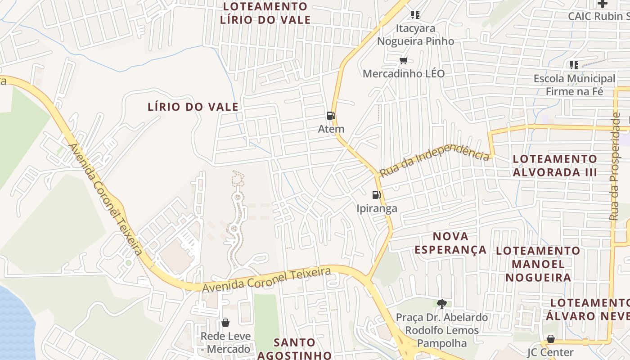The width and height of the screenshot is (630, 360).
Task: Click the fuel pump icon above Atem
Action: [x=331, y=116]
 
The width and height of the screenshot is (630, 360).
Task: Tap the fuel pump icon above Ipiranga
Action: [x=376, y=195]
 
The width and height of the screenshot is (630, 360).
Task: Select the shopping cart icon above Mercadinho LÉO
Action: [x=404, y=60]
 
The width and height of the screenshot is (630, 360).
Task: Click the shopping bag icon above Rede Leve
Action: [x=225, y=323]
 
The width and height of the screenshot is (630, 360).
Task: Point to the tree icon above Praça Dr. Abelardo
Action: [x=441, y=304]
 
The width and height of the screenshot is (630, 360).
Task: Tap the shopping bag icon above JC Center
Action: [x=550, y=339]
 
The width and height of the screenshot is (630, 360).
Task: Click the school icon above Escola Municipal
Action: [x=574, y=65]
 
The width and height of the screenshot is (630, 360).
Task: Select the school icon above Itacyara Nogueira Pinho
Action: [x=415, y=15]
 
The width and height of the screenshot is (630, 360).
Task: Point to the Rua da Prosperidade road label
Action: [x=615, y=166]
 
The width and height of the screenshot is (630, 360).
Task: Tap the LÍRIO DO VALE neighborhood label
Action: [x=193, y=107]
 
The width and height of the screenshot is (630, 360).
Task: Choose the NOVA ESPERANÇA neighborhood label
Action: [x=450, y=243]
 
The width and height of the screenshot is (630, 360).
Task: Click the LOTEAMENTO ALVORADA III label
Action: [x=555, y=166]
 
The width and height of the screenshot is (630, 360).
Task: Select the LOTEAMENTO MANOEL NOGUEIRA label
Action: [x=538, y=264]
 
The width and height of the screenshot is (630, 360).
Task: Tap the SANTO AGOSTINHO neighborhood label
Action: [x=295, y=349]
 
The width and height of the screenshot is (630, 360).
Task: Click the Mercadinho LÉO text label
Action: [x=404, y=73]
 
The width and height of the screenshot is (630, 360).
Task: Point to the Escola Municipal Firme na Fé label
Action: [x=574, y=85]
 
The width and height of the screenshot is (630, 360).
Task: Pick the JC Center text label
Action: [x=550, y=352]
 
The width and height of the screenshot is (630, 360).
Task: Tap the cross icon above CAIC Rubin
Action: [x=602, y=4]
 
